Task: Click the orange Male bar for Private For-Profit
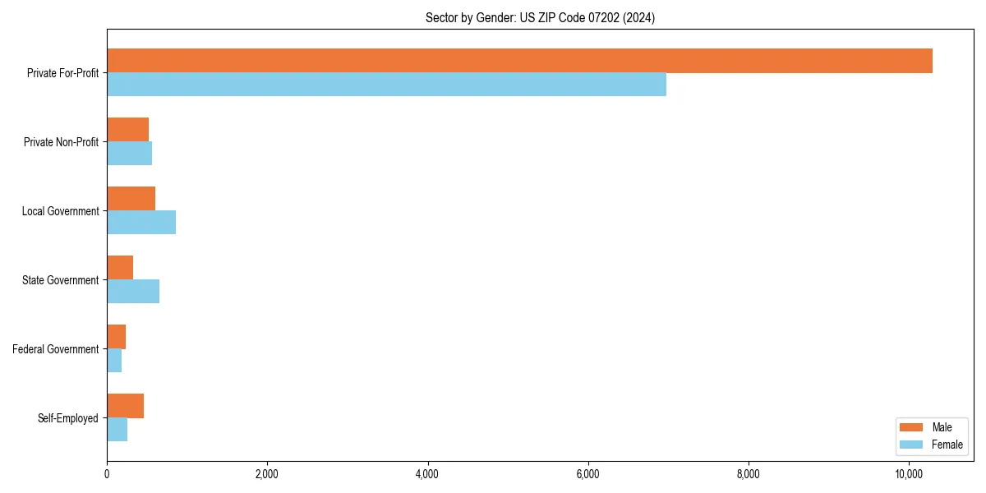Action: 519,61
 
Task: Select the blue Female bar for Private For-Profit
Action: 386,85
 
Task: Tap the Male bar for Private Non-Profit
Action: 127,130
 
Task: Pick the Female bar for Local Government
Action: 141,223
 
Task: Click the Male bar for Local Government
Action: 131,199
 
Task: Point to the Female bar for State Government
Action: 133,292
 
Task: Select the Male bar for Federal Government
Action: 116,337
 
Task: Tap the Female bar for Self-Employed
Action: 117,430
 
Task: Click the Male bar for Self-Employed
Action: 125,406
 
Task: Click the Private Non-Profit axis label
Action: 61,142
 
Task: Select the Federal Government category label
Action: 56,349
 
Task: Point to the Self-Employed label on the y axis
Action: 68,418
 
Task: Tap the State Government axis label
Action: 60,280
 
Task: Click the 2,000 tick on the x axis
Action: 267,474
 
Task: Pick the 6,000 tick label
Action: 587,474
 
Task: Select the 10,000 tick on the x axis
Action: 909,474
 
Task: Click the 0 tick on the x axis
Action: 107,474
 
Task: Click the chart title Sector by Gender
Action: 540,17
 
